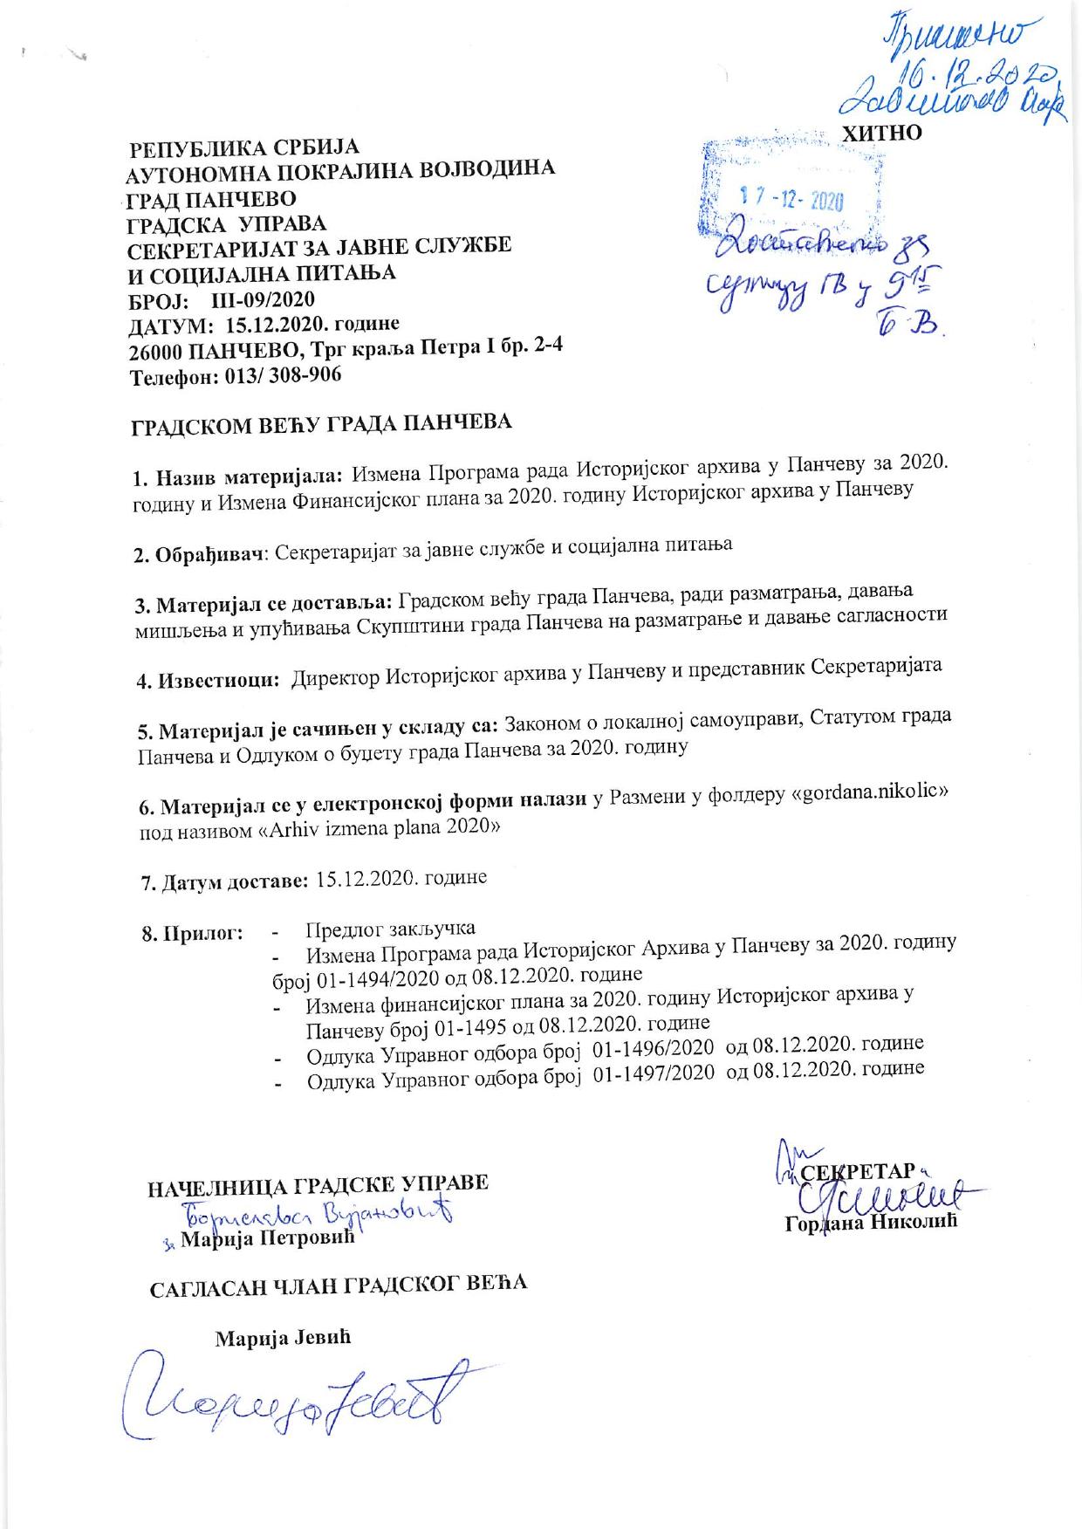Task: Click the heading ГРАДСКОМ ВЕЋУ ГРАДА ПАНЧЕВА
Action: click(321, 424)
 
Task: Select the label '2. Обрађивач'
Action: click(198, 554)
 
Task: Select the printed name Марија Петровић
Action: click(267, 1238)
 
